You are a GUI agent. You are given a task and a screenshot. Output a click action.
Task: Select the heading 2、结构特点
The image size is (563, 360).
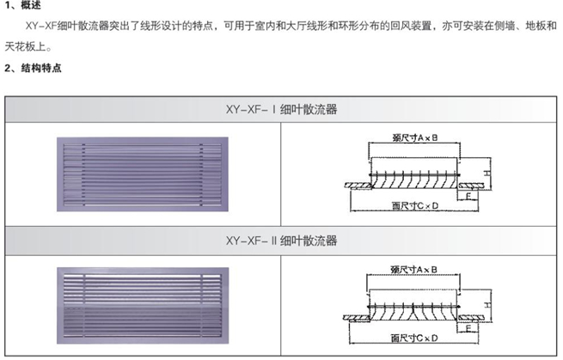pyautogui.click(x=32, y=66)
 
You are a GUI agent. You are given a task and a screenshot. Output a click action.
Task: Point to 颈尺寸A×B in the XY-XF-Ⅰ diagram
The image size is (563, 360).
pyautogui.click(x=408, y=138)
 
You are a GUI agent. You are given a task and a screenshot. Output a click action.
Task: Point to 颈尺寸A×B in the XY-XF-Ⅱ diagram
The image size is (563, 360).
pyautogui.click(x=408, y=269)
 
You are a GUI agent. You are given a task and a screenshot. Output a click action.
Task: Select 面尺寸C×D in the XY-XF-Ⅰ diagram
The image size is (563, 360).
pyautogui.click(x=408, y=207)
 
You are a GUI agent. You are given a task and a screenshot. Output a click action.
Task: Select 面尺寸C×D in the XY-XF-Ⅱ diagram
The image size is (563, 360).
pyautogui.click(x=408, y=338)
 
